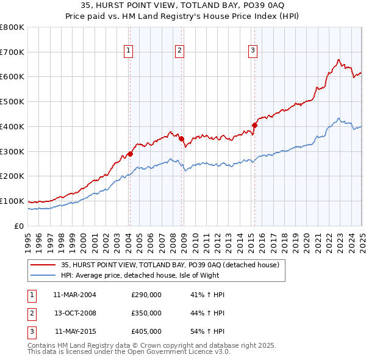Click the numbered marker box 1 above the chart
(129, 51)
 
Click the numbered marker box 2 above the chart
(180, 51)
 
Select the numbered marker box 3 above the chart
(253, 51)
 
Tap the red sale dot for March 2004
(130, 154)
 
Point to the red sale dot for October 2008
(181, 139)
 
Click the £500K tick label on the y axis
(12, 102)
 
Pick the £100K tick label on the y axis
(12, 201)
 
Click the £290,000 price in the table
(146, 295)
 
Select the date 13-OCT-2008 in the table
(75, 313)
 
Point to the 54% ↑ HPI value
(208, 331)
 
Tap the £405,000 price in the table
(146, 331)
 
